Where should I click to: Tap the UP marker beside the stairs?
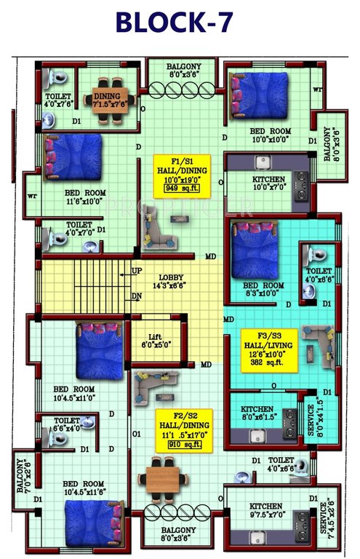point(137,271)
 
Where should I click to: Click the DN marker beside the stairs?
point(137,296)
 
